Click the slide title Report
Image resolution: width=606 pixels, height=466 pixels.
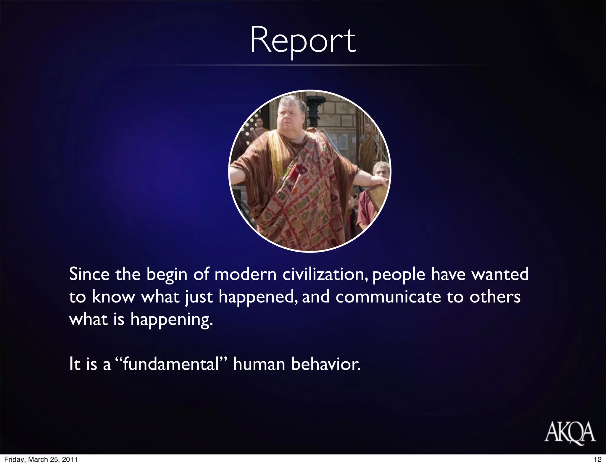pos(303,41)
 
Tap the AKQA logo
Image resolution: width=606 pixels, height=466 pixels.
pos(570,432)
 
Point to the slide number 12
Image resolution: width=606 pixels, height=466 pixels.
pos(597,459)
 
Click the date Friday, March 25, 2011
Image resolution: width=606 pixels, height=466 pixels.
pos(41,459)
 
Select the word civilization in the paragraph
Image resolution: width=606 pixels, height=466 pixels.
pos(325,274)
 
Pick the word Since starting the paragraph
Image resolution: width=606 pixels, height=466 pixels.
pos(89,274)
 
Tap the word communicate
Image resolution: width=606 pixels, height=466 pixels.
pos(388,297)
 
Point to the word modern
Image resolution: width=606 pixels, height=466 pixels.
pos(245,274)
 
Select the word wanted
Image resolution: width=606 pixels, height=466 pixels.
pos(500,274)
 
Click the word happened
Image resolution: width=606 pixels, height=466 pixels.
pos(257,297)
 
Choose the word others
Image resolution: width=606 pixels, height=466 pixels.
pos(495,297)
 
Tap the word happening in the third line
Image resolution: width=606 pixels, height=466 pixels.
pos(172,320)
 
